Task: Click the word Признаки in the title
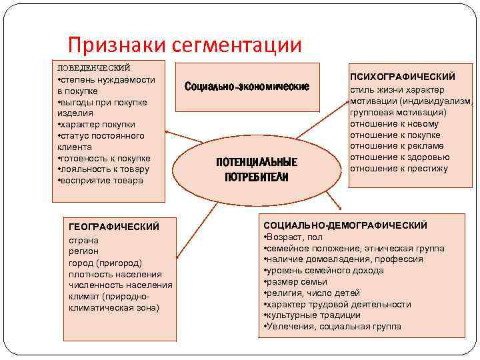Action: (x=117, y=45)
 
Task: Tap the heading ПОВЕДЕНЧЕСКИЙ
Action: (x=93, y=67)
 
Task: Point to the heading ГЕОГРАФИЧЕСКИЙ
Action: (x=114, y=227)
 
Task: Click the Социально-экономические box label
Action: (x=247, y=87)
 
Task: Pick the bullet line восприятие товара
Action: (x=102, y=181)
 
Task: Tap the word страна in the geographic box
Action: (x=83, y=239)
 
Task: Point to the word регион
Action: (x=83, y=251)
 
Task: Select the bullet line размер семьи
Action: (x=297, y=282)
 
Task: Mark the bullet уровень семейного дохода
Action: (x=325, y=271)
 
